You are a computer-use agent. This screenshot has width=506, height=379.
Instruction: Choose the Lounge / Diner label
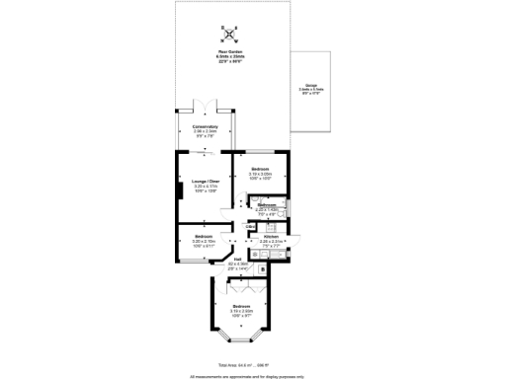pos(206,182)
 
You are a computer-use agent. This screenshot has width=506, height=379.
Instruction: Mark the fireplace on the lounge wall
pos(180,187)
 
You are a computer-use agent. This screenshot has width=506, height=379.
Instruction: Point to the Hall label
pos(237,262)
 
